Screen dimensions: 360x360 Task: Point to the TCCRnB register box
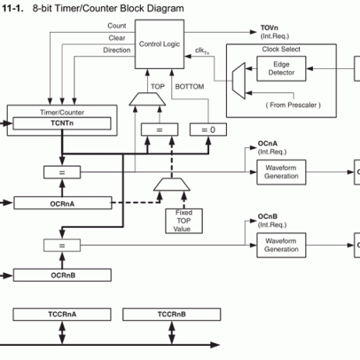point(171,315)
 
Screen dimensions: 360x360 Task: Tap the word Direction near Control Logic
point(117,51)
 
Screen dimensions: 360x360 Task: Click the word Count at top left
point(117,26)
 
